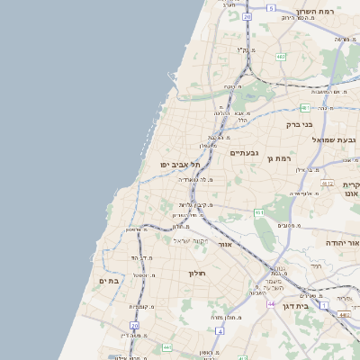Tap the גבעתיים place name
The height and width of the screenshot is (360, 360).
[244, 153]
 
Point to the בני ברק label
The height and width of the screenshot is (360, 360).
[299, 124]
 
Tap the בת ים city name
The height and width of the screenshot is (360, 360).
[109, 281]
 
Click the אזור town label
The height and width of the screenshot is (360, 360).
[226, 244]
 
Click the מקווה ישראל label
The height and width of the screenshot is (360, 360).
[190, 240]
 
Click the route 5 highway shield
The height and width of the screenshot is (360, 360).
[271, 7]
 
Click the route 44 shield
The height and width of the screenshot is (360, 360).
[270, 304]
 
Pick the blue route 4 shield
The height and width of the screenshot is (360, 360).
[219, 330]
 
